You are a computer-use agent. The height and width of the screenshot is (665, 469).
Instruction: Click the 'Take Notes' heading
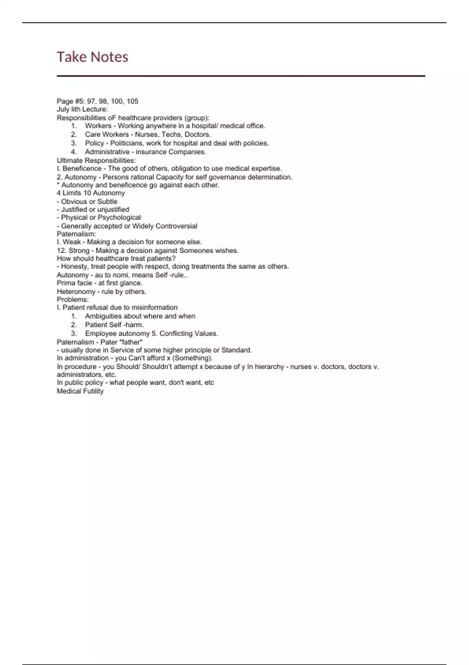point(93,57)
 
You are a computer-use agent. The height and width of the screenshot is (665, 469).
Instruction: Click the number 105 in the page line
point(132,101)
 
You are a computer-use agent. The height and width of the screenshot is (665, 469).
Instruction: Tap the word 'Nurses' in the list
point(147,135)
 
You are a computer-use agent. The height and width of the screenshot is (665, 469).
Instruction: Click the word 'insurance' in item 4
point(149,152)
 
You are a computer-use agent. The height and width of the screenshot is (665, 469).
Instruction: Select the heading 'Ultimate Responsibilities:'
point(96,160)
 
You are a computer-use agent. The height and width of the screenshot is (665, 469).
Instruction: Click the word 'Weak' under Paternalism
point(72,242)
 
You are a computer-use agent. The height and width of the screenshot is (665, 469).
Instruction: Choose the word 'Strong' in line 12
point(79,251)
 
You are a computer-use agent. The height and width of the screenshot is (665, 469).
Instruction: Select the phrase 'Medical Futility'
point(80,391)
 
